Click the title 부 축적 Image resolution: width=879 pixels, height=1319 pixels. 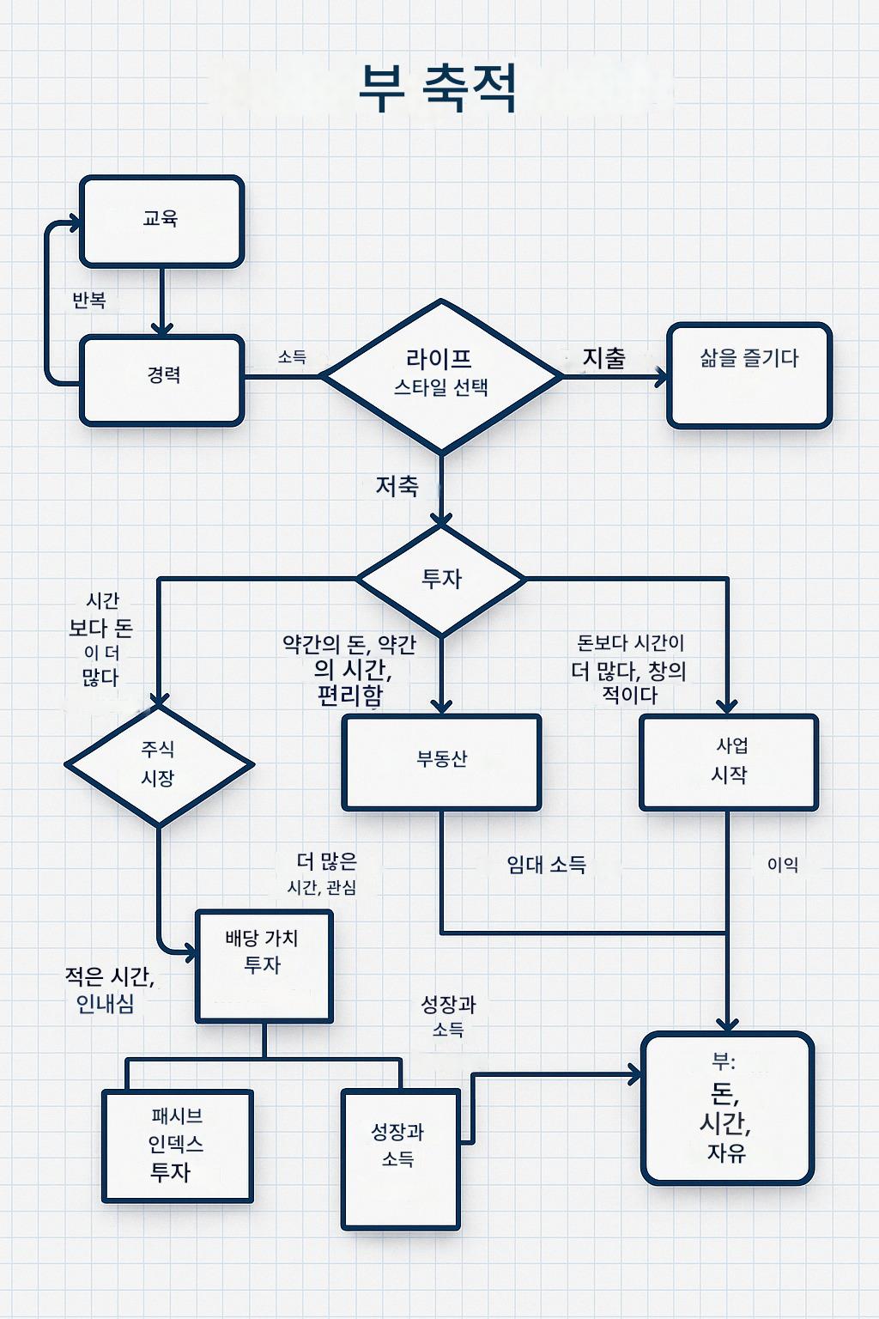[x=438, y=88]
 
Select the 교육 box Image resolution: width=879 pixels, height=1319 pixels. [x=161, y=221]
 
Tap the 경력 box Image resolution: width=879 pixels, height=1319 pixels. [x=161, y=380]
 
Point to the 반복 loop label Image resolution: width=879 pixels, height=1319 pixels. [x=89, y=300]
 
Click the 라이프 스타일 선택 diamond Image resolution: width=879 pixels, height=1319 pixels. [x=440, y=374]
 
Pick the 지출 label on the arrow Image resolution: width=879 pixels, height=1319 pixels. [x=604, y=358]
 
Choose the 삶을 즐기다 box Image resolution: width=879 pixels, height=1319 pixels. [x=749, y=374]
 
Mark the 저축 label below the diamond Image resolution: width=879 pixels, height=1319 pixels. [x=397, y=486]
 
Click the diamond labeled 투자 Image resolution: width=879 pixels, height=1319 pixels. [x=441, y=579]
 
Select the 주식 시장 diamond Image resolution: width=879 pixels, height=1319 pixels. [x=159, y=763]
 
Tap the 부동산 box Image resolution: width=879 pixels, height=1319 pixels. [x=441, y=761]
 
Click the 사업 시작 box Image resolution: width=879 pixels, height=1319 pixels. [x=729, y=761]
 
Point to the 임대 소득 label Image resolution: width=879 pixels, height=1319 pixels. [x=547, y=865]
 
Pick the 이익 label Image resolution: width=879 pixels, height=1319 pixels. [x=783, y=865]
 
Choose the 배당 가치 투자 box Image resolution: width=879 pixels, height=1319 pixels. [x=264, y=964]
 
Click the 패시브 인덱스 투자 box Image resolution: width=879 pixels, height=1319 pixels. [x=177, y=1145]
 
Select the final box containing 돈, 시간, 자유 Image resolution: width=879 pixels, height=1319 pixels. [x=727, y=1108]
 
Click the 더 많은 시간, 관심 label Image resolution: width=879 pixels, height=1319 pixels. [x=324, y=872]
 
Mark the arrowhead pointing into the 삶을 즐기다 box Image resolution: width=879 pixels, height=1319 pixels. [x=661, y=376]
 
